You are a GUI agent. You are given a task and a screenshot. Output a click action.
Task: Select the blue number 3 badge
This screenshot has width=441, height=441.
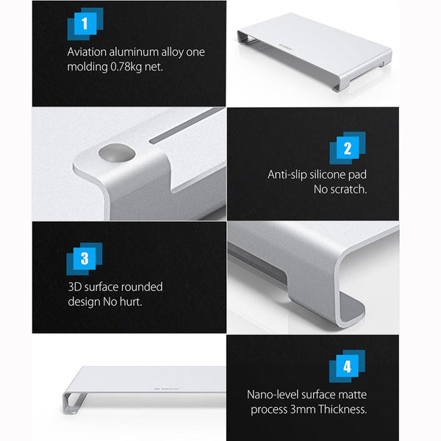coord(85,259)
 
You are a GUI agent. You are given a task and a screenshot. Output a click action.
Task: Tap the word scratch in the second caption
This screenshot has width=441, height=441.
coord(348,189)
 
